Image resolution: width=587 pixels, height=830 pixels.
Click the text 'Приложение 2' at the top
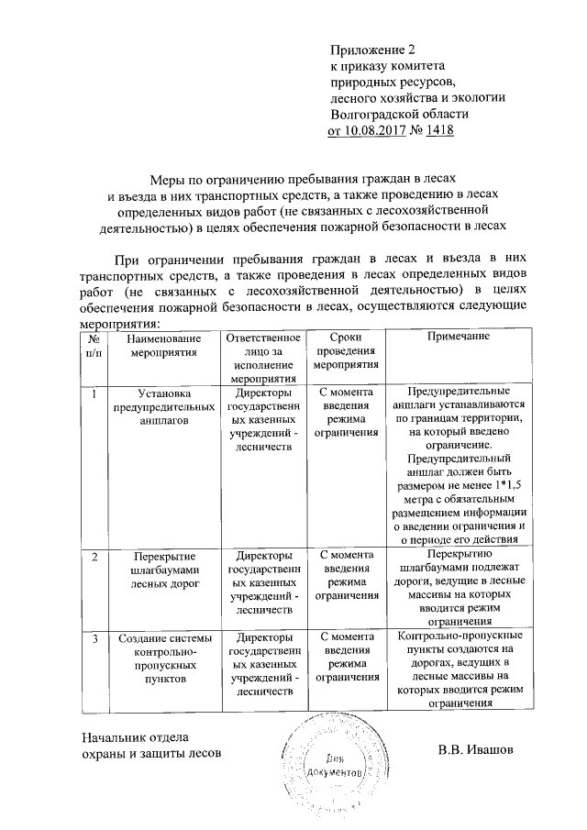pos(378,50)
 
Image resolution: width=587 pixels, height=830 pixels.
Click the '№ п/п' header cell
pos(94,345)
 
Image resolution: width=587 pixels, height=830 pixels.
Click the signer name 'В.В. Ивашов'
pos(475,752)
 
